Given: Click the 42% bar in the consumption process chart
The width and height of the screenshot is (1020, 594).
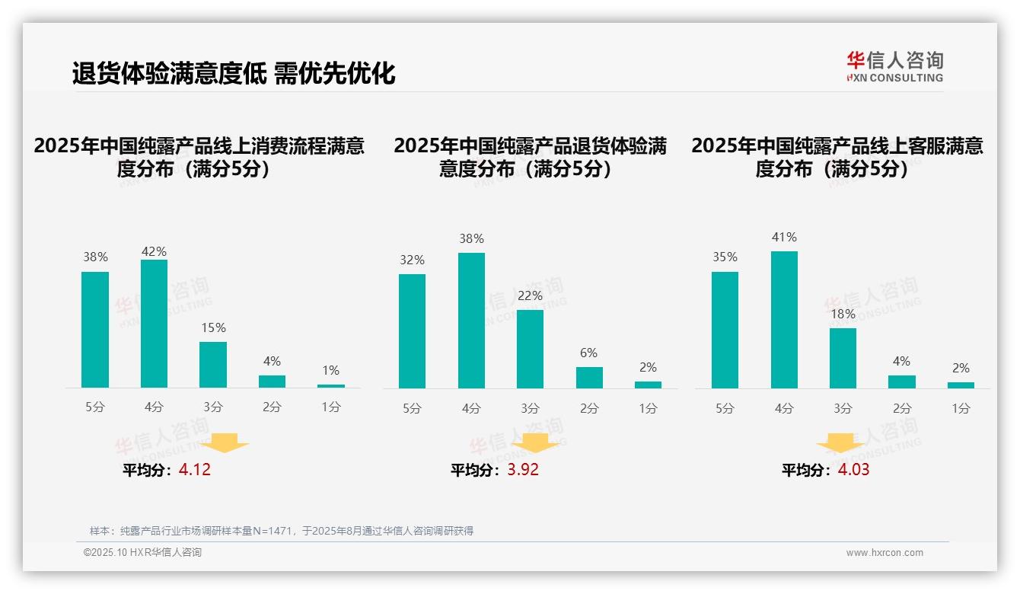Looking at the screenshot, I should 154,324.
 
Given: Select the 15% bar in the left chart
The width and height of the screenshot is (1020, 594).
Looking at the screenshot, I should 213,365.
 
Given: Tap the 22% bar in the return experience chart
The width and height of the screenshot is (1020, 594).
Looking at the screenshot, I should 530,349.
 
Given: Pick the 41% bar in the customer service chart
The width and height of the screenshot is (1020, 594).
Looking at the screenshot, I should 784,320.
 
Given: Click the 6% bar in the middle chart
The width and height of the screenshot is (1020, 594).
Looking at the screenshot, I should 589,378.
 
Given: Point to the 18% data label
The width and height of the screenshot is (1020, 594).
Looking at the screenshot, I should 843,314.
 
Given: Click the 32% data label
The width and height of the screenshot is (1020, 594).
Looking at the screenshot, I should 412,260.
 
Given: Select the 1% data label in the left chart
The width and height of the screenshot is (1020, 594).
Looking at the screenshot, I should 330,370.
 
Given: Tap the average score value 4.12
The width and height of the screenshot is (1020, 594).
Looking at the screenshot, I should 195,470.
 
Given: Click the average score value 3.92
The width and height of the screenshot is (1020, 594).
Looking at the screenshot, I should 523,470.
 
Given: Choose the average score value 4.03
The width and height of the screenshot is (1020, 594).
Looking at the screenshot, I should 853,470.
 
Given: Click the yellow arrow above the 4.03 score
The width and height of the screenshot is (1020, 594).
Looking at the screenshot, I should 840,442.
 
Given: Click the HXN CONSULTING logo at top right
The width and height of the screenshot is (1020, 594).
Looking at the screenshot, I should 894,67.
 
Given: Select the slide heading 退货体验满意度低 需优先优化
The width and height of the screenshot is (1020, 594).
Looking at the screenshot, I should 234,74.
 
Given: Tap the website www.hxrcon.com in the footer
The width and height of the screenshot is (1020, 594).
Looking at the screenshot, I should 885,553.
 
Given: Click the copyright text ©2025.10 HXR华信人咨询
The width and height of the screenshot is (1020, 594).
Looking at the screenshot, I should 142,553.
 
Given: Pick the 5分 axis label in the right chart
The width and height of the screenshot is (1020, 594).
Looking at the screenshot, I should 725,408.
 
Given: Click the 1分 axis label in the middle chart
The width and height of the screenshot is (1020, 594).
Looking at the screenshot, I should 648,408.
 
